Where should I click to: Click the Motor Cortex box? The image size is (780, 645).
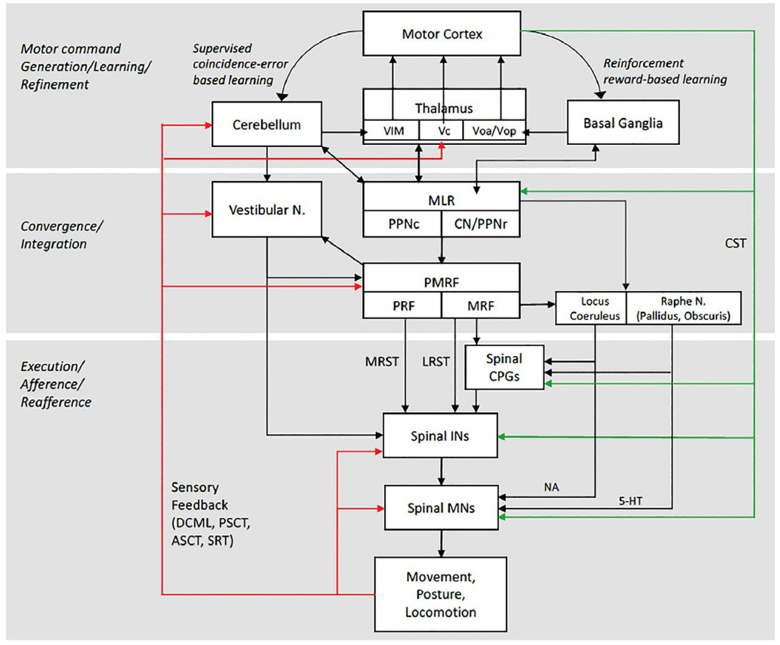(x=443, y=34)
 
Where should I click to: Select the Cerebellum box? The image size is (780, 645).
(x=265, y=125)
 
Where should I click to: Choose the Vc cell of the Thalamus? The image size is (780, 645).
(x=443, y=130)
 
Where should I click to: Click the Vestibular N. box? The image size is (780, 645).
(x=265, y=210)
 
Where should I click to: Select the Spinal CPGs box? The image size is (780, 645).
(x=504, y=366)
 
